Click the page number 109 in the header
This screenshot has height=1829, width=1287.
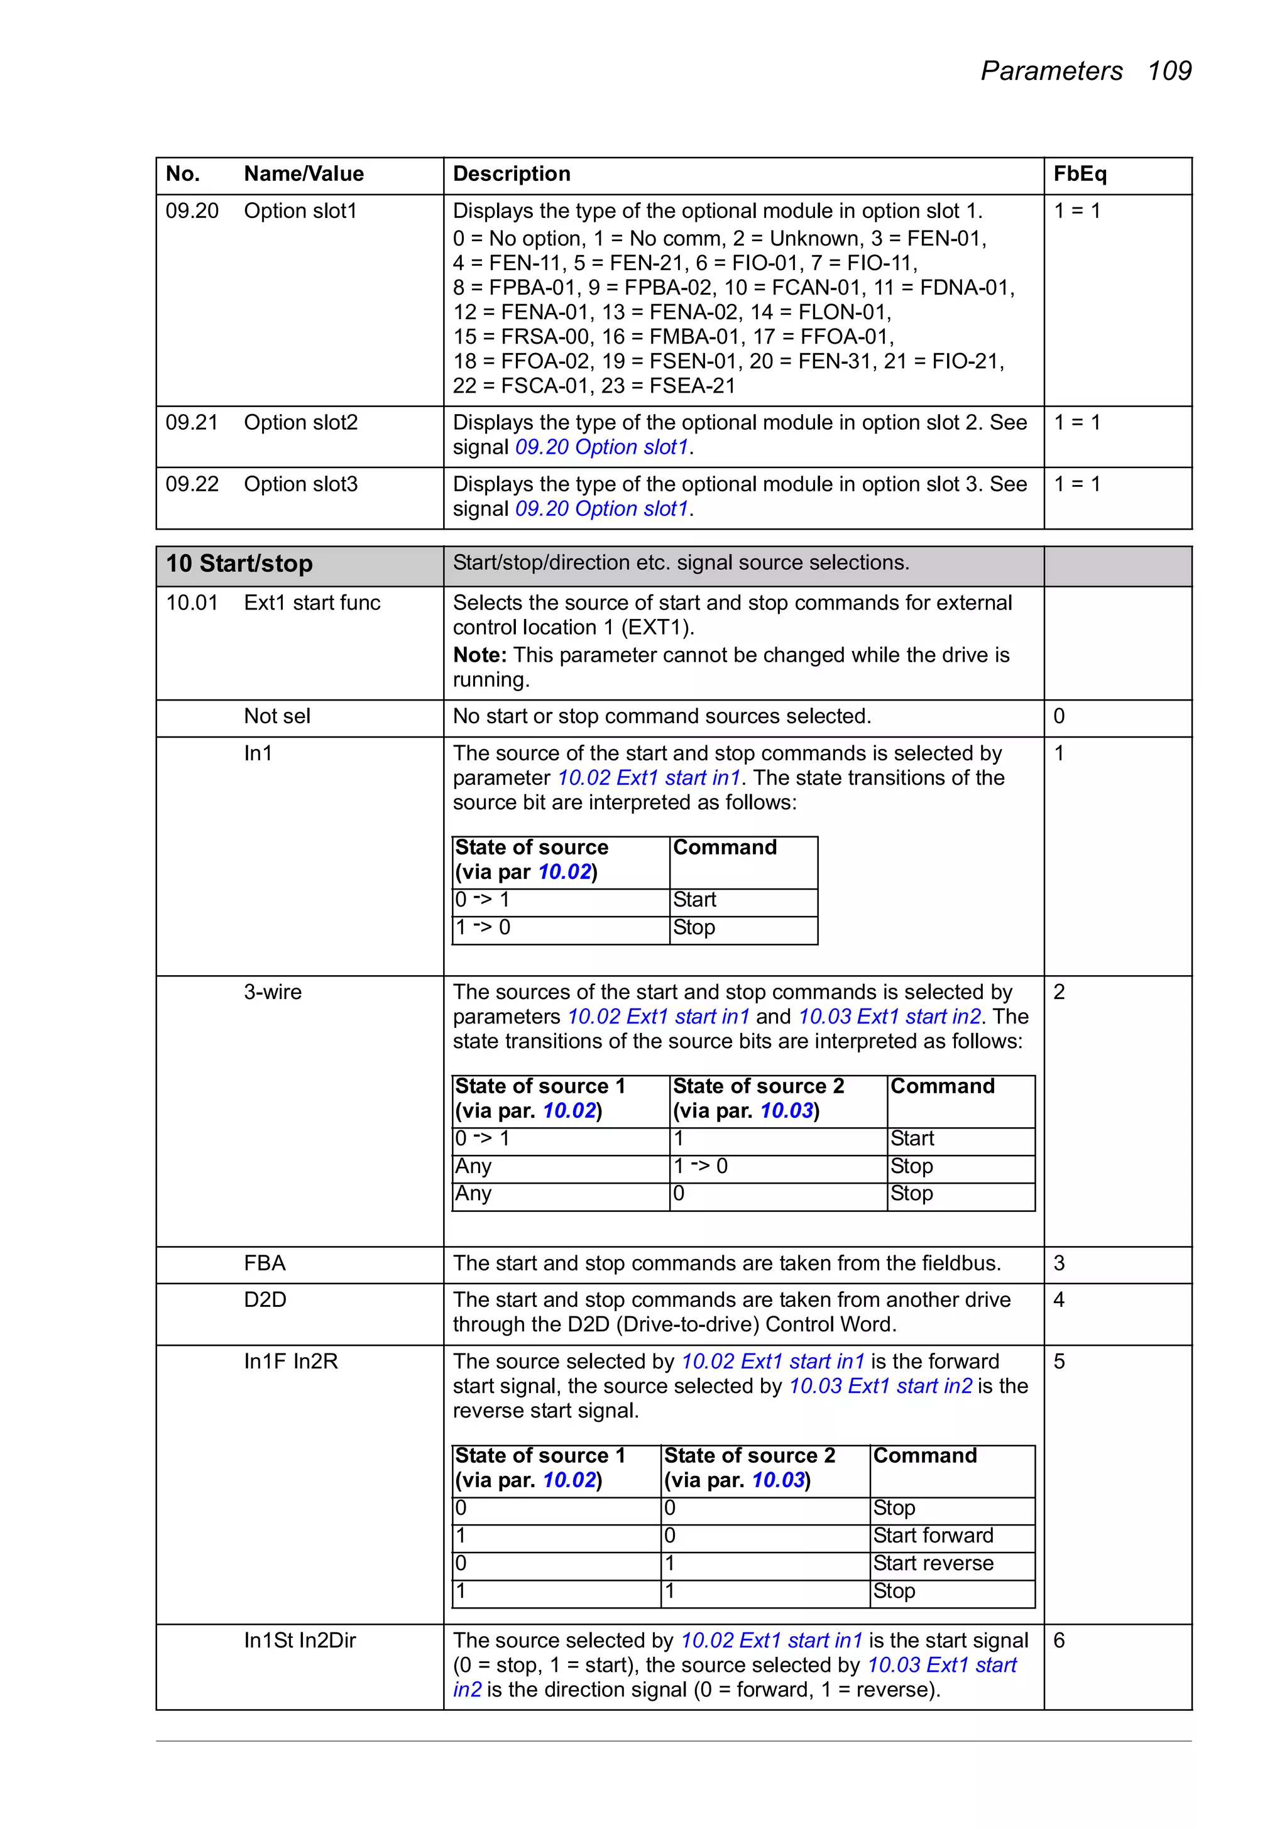point(1168,71)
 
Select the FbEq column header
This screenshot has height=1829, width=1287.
point(1079,173)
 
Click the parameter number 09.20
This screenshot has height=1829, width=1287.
point(192,211)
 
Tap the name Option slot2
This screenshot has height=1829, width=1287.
point(300,423)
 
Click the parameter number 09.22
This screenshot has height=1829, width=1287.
point(192,484)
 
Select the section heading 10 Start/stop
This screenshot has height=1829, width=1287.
point(239,564)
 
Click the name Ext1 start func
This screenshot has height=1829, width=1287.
point(312,603)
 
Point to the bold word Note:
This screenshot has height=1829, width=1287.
point(479,655)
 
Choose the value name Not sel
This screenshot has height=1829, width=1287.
point(277,716)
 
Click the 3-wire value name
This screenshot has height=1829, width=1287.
point(273,993)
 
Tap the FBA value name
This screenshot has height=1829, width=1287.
point(265,1264)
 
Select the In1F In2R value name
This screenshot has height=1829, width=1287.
point(291,1362)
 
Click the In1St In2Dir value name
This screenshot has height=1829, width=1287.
point(300,1641)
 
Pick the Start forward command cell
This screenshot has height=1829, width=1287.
point(933,1536)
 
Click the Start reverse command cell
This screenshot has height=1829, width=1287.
point(933,1564)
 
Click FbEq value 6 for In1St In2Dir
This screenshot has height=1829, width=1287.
point(1059,1641)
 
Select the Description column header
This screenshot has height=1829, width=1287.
point(512,173)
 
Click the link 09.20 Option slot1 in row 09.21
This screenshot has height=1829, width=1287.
point(601,448)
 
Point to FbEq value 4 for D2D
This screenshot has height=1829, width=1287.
point(1059,1300)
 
